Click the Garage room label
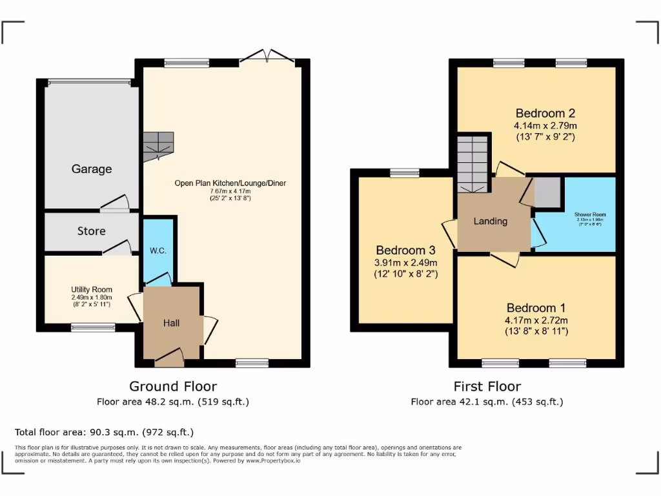pyautogui.click(x=91, y=169)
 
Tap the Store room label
pyautogui.click(x=91, y=231)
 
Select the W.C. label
pyautogui.click(x=158, y=251)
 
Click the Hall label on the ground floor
pyautogui.click(x=171, y=323)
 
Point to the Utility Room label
pyautogui.click(x=92, y=290)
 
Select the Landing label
pyautogui.click(x=491, y=222)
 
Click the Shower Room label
pyautogui.click(x=590, y=214)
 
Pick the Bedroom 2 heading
pyautogui.click(x=545, y=114)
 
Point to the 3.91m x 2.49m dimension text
pyautogui.click(x=406, y=262)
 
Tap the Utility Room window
pyautogui.click(x=93, y=327)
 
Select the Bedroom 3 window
pyautogui.click(x=404, y=172)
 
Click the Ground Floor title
pyautogui.click(x=172, y=386)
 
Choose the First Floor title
pyautogui.click(x=487, y=386)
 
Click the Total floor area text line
pyautogui.click(x=104, y=432)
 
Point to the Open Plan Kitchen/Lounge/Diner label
pyautogui.click(x=230, y=183)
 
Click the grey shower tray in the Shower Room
pyautogui.click(x=547, y=192)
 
